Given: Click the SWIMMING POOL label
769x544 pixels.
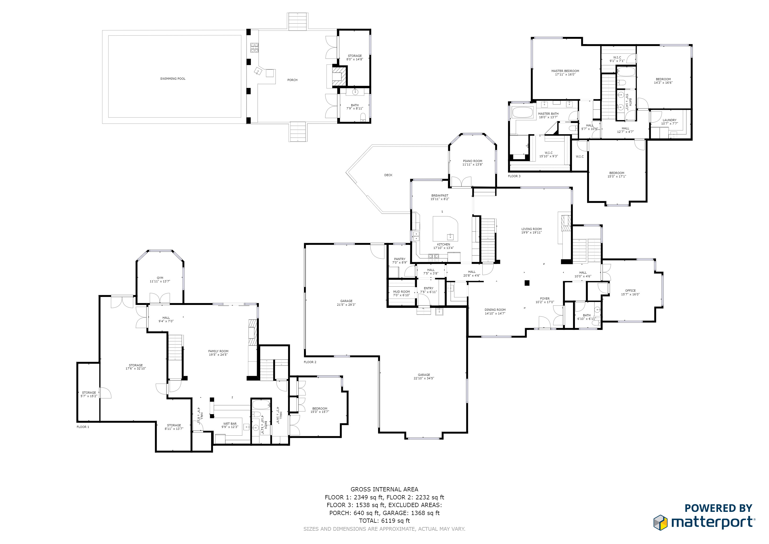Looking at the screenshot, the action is (x=173, y=79).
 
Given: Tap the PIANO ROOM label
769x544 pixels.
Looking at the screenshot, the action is (x=473, y=161).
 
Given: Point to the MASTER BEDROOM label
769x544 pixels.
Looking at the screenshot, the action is (x=565, y=71).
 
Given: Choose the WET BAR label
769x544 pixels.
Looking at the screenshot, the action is (x=230, y=424).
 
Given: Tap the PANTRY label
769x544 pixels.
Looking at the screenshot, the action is (x=400, y=259).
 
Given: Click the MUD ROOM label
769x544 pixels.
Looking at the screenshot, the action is (x=401, y=292).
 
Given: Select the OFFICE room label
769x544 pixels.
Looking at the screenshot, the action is (x=630, y=291).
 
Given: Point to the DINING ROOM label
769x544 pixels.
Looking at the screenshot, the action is (x=495, y=310).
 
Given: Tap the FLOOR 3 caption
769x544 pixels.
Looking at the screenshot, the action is (x=514, y=176).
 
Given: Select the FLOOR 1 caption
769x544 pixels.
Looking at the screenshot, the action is (x=83, y=427).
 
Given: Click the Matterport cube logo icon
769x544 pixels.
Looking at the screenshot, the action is (x=660, y=522).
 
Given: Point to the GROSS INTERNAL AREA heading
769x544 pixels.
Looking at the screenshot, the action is (x=384, y=489).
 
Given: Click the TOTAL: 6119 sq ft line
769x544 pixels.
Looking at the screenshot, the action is (x=384, y=521).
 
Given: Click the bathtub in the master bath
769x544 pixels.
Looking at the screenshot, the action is (x=523, y=112).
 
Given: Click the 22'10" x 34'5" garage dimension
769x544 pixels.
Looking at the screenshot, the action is (x=424, y=379).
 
